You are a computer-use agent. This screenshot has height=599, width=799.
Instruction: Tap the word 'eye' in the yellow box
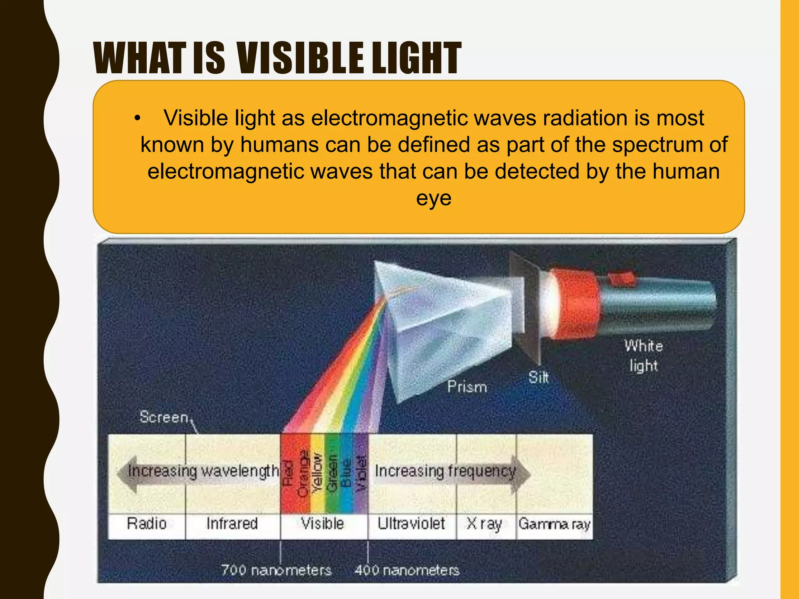pyautogui.click(x=433, y=198)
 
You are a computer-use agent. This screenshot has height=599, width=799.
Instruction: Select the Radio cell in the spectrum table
pyautogui.click(x=147, y=523)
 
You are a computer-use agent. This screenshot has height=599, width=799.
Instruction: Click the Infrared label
pyautogui.click(x=233, y=523)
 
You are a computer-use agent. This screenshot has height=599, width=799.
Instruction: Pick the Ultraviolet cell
pyautogui.click(x=411, y=523)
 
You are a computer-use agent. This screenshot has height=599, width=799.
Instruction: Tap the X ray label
pyautogui.click(x=485, y=523)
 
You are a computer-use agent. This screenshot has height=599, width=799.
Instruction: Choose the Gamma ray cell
pyautogui.click(x=554, y=523)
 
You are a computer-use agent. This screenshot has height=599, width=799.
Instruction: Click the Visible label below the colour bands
pyautogui.click(x=323, y=523)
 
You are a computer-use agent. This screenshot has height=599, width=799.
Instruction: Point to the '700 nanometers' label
pyautogui.click(x=276, y=570)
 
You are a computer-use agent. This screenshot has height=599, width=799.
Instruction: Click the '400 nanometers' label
pyautogui.click(x=407, y=570)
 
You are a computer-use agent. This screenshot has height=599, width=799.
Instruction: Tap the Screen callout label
pyautogui.click(x=164, y=417)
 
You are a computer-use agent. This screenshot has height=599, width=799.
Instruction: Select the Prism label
pyautogui.click(x=467, y=387)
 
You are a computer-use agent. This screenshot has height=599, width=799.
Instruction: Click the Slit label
pyautogui.click(x=538, y=377)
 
